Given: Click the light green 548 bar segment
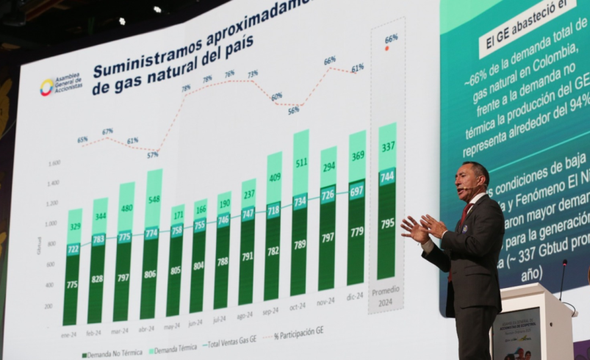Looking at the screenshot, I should click(154, 199).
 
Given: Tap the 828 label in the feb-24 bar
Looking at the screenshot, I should click(96, 279).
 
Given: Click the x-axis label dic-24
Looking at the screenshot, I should click(355, 296).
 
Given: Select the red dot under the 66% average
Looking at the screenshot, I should click(387, 48).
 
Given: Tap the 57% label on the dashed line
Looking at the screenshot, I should click(152, 155).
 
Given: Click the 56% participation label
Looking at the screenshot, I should click(293, 111).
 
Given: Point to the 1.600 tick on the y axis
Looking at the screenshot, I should click(54, 163).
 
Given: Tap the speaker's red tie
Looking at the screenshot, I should click(464, 215).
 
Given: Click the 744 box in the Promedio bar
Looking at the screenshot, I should click(387, 176).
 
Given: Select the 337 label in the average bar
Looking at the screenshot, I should click(388, 147).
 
